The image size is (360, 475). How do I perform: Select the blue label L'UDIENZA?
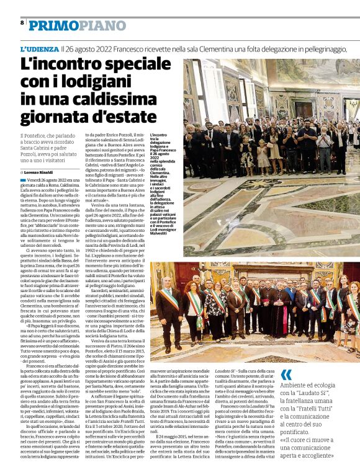coord(39,48)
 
